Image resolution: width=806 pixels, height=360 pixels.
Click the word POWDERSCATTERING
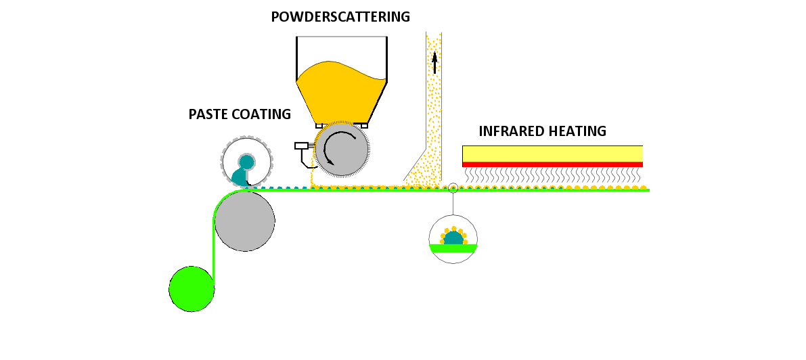[340, 17]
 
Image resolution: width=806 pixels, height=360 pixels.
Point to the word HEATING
[581, 131]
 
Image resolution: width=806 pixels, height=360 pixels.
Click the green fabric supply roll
[192, 289]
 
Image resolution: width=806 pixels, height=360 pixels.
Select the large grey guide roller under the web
[245, 221]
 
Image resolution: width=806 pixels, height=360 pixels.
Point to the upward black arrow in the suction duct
[434, 62]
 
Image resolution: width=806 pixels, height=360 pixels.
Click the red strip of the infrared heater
[552, 164]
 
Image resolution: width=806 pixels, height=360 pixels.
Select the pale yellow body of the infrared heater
[552, 154]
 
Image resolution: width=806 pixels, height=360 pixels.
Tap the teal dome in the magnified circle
[453, 238]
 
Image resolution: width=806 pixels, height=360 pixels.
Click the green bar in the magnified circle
[453, 248]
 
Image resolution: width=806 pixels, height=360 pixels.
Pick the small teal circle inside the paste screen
[246, 162]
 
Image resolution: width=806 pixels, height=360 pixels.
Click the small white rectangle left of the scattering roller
[301, 145]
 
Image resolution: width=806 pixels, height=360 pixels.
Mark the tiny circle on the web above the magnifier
[453, 187]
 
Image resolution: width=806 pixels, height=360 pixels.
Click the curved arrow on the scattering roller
[338, 145]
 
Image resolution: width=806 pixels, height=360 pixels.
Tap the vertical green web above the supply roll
[214, 244]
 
